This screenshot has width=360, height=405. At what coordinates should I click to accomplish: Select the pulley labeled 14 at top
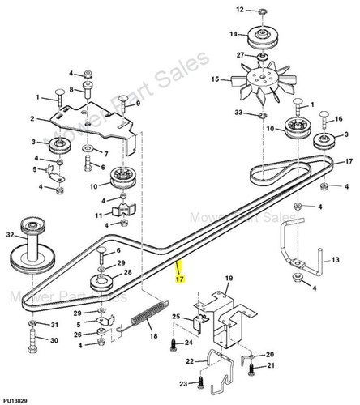coord(263,37)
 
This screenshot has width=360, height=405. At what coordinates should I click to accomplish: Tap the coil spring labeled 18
coord(148,314)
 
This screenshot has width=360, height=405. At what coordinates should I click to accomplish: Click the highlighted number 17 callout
coord(180,279)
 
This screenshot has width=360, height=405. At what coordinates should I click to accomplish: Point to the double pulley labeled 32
coord(32,245)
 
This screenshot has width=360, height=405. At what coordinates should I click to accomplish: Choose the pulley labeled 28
coord(101,283)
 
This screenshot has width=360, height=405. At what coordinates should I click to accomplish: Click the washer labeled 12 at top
coord(262,11)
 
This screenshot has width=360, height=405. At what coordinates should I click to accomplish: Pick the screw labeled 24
coord(174,345)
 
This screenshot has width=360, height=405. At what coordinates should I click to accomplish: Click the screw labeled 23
coord(200,383)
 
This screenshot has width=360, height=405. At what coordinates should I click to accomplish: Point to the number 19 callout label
coord(229,279)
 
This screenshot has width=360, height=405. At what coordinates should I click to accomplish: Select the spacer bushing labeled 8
coord(88,89)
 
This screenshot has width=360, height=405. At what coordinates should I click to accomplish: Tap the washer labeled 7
coord(88,148)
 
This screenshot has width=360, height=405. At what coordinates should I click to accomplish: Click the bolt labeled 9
coord(123,104)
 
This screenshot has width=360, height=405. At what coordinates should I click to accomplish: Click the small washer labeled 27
coord(262,58)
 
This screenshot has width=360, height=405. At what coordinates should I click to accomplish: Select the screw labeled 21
coord(251,369)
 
